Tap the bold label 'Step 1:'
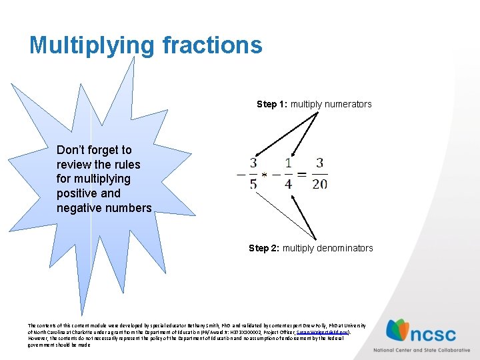(272, 104)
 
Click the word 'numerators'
(344, 104)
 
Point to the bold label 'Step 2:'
(264, 248)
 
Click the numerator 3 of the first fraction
(253, 163)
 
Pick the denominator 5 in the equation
(253, 183)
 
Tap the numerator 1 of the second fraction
(288, 163)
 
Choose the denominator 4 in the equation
(288, 183)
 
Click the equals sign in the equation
(302, 174)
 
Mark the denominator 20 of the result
(320, 183)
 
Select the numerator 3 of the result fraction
(320, 163)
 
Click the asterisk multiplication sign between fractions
(265, 175)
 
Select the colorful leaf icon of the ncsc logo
(399, 330)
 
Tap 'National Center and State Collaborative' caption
(421, 350)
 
